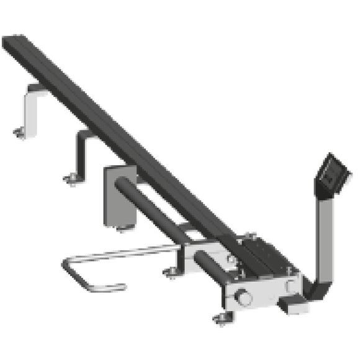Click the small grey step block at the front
290,304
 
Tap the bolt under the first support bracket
19,132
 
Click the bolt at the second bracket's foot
71,180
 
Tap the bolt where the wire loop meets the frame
171,271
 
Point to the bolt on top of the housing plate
251,235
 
